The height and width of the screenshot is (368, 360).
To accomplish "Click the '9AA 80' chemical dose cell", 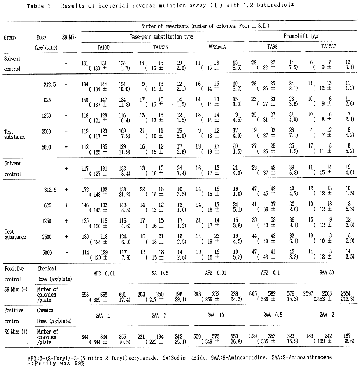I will click(x=328, y=275).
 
